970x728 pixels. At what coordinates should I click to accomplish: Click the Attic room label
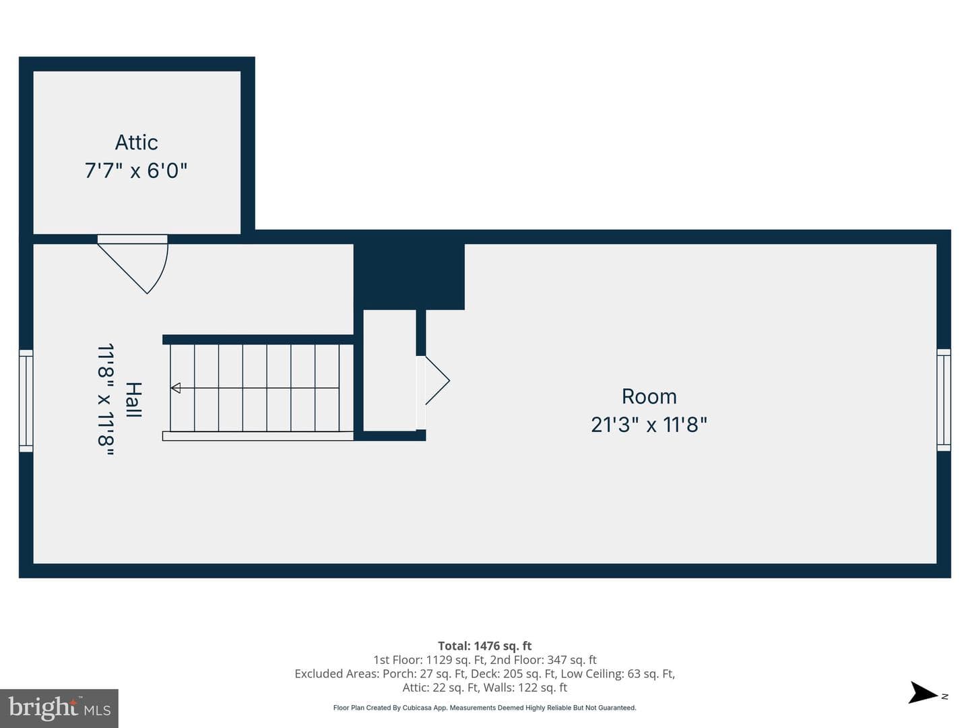[137, 143]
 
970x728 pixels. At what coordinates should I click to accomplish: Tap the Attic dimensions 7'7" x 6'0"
[136, 171]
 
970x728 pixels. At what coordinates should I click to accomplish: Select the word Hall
[133, 400]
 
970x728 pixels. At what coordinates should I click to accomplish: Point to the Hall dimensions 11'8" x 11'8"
[106, 400]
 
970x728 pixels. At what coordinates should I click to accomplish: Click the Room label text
[649, 396]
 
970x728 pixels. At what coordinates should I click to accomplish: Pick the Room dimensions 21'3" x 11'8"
[649, 425]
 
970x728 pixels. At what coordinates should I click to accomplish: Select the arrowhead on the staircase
[175, 388]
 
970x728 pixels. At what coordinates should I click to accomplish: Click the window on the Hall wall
[26, 401]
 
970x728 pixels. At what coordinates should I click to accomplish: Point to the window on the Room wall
[944, 400]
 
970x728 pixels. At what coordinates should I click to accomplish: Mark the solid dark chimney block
[409, 276]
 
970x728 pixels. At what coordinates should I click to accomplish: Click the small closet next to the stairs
[390, 370]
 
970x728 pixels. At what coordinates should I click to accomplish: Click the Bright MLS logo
[59, 708]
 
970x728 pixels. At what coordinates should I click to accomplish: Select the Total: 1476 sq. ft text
[485, 646]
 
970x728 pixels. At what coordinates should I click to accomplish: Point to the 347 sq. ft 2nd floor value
[572, 660]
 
